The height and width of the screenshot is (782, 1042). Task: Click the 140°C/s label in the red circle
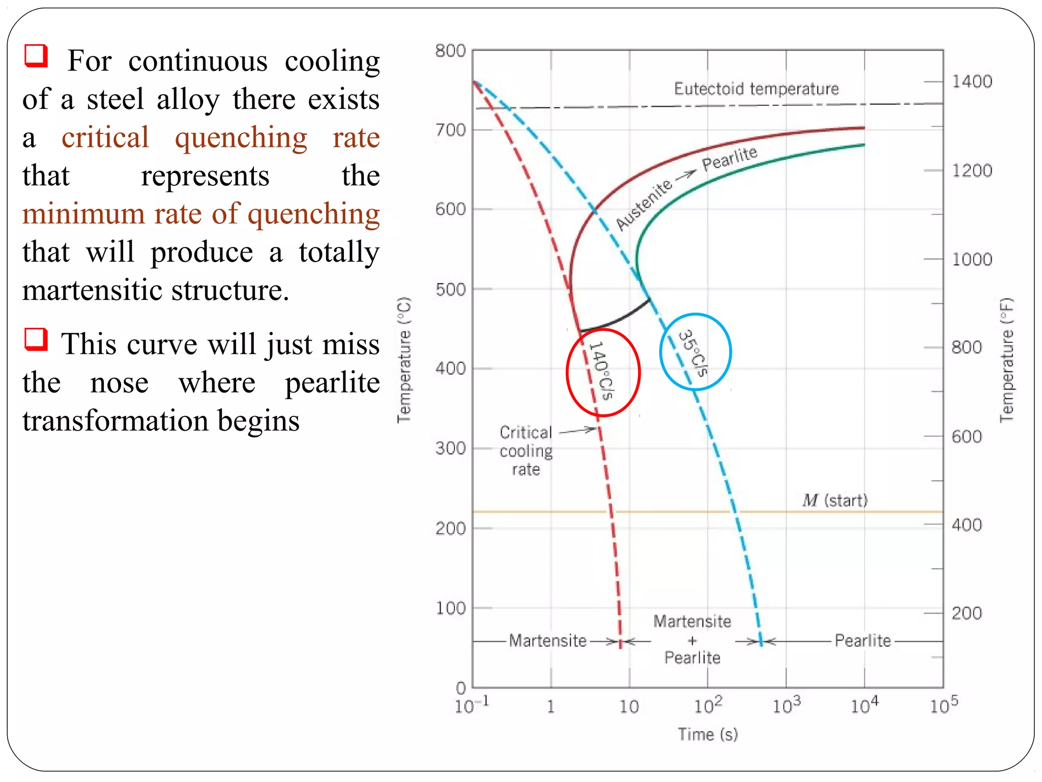coord(602,371)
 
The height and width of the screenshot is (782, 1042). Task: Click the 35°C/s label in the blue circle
coord(693,353)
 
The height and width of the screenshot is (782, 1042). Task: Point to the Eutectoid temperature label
coord(756,89)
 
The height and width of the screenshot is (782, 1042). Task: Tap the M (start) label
coord(834,500)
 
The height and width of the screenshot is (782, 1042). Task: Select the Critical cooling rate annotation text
coord(526,451)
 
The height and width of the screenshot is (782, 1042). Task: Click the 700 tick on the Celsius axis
coord(450,130)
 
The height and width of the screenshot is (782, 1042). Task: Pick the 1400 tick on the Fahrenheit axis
coord(972,81)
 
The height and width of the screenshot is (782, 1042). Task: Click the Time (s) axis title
coord(707,734)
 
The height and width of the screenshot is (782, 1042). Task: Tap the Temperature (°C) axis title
coord(404,359)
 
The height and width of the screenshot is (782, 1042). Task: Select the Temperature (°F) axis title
coord(1006,359)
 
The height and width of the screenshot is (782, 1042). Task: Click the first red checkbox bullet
coord(36,55)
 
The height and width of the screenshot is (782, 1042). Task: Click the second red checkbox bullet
coord(36,339)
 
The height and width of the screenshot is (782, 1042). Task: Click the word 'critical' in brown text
coord(105,137)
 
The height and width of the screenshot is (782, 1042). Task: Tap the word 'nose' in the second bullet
coord(119,383)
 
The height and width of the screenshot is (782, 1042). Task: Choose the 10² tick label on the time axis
coord(708,706)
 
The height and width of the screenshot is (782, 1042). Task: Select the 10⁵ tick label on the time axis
coord(944,706)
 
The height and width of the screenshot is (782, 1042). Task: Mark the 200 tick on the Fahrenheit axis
coord(967,613)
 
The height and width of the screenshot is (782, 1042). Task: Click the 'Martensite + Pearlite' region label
coord(692,640)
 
